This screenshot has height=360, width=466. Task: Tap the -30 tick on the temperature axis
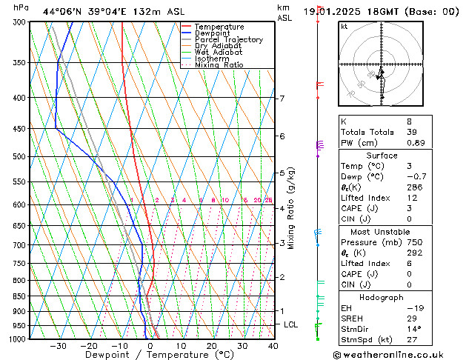58,346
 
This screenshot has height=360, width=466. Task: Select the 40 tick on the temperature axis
273,346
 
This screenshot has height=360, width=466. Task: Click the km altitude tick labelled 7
282,99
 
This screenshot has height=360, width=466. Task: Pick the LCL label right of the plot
291,324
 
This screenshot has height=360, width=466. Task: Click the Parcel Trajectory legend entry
228,39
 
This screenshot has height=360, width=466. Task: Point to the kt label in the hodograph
344,27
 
